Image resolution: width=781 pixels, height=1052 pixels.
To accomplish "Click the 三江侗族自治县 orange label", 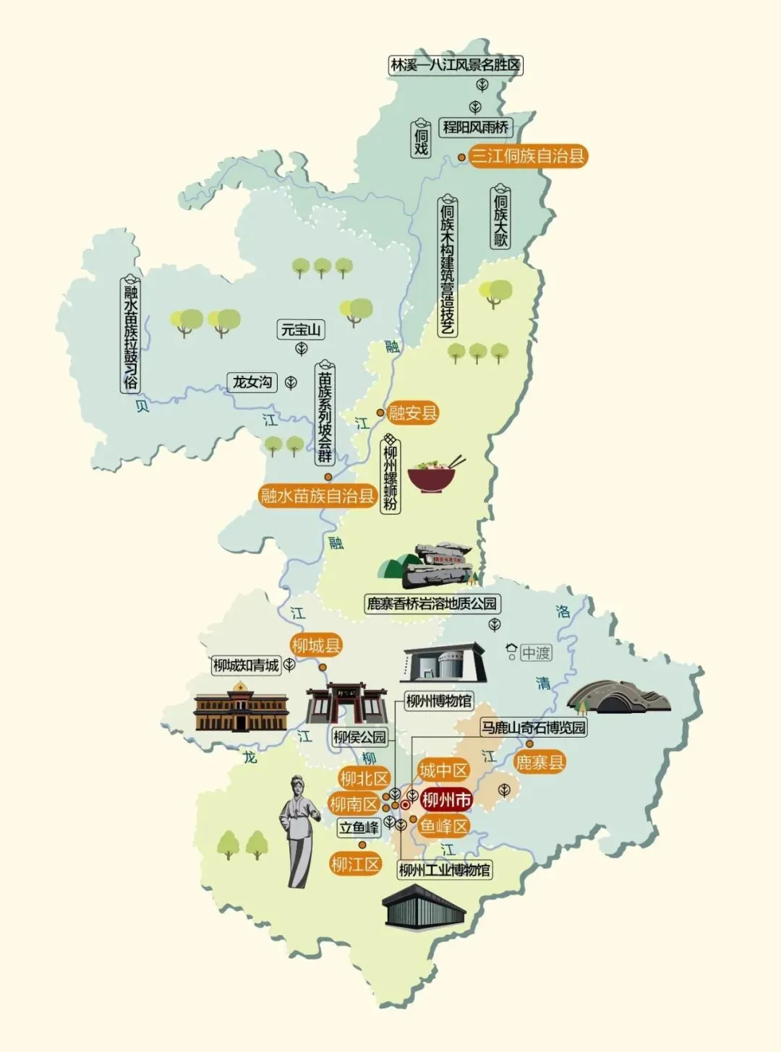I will [528, 156].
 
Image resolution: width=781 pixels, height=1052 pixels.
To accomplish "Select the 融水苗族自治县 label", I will [317, 496].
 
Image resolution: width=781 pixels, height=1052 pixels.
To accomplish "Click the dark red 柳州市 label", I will [446, 800].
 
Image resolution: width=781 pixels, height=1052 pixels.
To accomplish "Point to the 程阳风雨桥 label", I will [475, 127].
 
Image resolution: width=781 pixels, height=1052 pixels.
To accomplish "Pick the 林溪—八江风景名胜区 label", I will [455, 65].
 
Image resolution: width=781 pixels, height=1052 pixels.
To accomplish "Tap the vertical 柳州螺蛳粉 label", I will [390, 474].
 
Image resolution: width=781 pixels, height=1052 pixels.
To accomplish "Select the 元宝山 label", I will [301, 330].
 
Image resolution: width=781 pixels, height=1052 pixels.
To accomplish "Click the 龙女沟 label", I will [252, 382].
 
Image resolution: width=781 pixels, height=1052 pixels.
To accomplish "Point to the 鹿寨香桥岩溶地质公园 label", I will [432, 603].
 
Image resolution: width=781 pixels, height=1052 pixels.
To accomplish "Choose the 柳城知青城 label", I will [246, 665].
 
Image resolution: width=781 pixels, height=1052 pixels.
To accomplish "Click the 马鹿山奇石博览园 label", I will [534, 727].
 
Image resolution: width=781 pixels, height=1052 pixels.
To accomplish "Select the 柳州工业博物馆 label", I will [444, 870].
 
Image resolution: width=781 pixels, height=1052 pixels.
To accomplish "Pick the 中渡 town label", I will [536, 653].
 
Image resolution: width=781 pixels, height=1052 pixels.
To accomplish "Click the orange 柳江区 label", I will [355, 864].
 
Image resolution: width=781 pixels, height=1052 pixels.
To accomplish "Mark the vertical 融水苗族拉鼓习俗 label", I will [130, 336].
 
